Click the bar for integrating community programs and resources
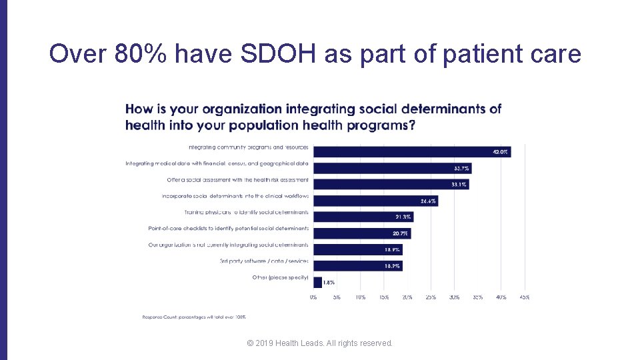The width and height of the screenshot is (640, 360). pos(411,152)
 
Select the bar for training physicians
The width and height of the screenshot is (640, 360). pos(363,217)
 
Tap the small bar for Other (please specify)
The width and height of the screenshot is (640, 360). pos(317,282)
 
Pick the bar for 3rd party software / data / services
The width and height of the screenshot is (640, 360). pos(357,265)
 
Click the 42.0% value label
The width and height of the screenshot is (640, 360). pos(500,152)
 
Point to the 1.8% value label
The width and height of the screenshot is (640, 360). pos(329,283)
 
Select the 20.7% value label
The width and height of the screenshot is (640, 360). pos(400,233)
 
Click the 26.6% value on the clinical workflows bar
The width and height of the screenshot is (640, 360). pos(427,201)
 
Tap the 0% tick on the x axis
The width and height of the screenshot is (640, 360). pos(313,297)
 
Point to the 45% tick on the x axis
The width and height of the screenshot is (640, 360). pos(524,297)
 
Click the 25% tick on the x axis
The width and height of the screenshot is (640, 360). pos(431,297)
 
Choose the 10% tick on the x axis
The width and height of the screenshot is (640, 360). pos(360,297)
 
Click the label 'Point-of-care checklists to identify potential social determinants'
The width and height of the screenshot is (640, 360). pos(228,229)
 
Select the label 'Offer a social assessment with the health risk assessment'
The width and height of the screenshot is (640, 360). pos(237,180)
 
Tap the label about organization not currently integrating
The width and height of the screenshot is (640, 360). pos(228,245)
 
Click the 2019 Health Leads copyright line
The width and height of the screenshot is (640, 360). pos(319,343)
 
